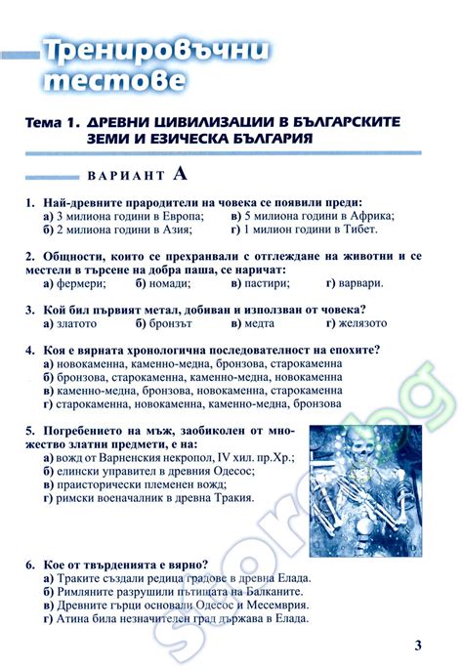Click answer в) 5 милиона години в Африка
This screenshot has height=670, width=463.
(312, 216)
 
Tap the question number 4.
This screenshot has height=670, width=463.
(31, 350)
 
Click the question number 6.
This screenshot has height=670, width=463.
(31, 565)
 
